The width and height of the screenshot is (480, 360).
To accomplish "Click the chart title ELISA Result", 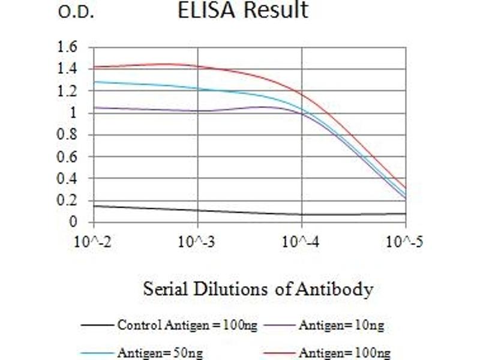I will click(243, 10).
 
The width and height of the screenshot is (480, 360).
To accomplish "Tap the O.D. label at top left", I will click(76, 13).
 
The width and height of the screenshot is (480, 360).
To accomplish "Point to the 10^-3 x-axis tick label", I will click(197, 243).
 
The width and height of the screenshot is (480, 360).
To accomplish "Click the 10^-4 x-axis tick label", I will click(301, 243).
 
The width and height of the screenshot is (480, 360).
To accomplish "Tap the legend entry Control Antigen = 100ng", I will click(187, 326).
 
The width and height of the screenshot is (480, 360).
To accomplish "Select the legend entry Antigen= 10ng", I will click(341, 326).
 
